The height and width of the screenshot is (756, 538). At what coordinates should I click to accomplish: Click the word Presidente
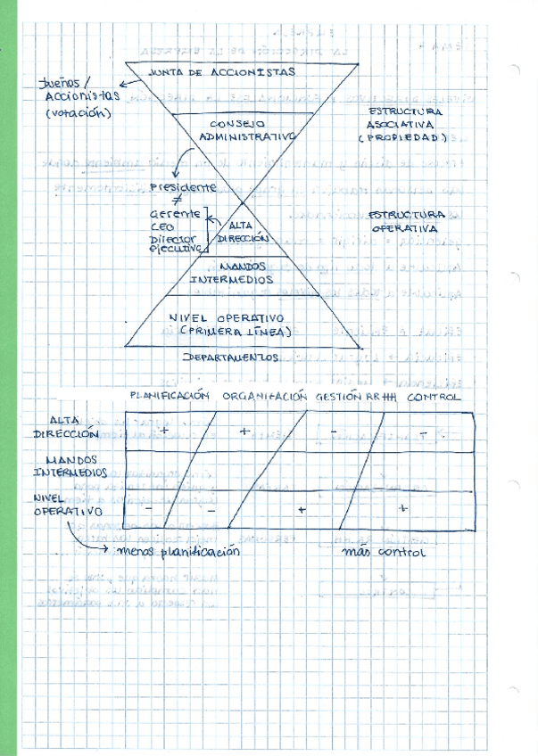pos(183,187)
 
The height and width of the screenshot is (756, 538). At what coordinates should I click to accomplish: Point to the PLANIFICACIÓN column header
pos(170,396)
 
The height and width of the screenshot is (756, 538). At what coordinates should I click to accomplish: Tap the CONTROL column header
pos(435,396)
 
